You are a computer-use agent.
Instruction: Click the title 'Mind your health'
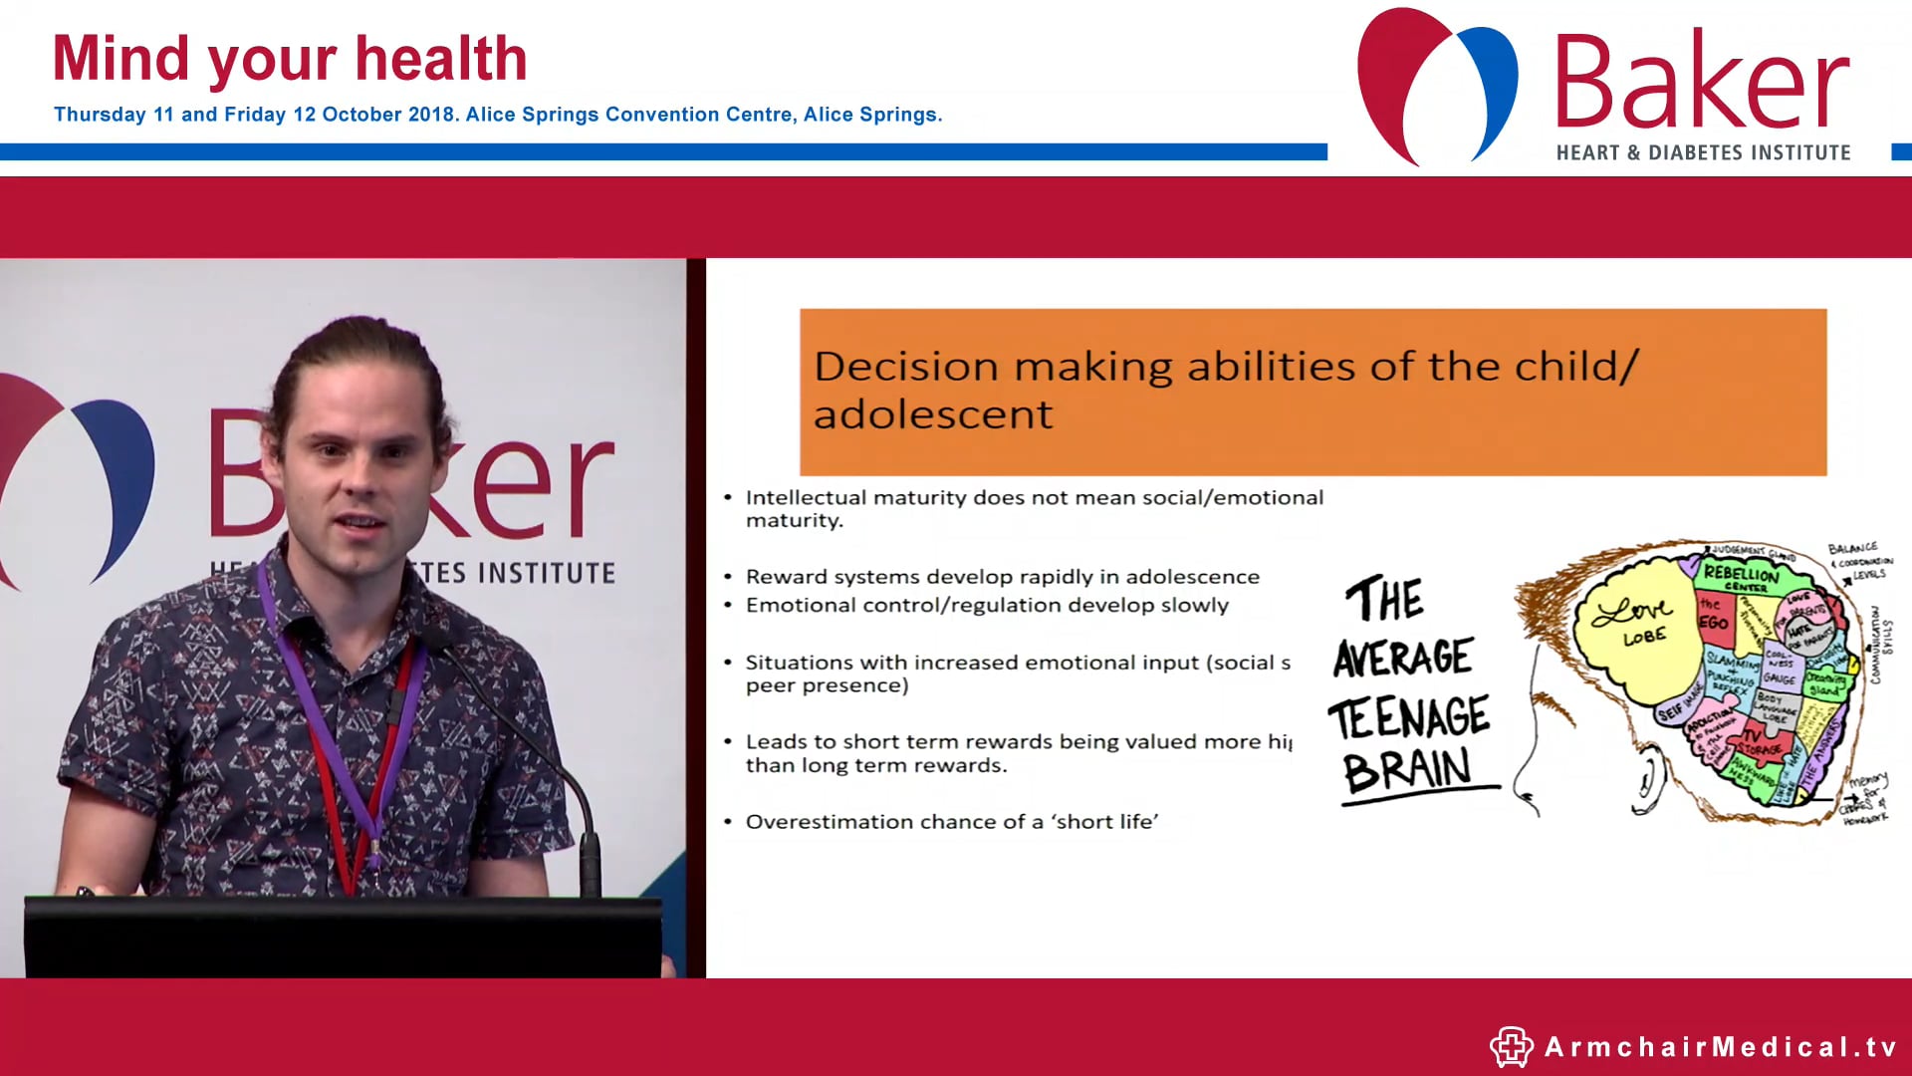[289, 59]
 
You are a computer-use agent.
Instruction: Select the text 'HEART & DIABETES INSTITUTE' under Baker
[1703, 152]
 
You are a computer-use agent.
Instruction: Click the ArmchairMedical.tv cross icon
[1511, 1046]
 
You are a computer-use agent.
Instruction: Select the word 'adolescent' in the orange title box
[932, 414]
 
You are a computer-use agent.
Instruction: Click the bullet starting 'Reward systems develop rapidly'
[1002, 577]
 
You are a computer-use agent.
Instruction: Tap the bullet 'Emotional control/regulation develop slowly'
[986, 605]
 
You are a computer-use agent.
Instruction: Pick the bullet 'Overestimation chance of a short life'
[951, 822]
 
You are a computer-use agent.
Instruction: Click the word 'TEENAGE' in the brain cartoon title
[1408, 717]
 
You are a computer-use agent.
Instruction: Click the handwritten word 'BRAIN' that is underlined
[1406, 770]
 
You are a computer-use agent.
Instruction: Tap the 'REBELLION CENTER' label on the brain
[1740, 577]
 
